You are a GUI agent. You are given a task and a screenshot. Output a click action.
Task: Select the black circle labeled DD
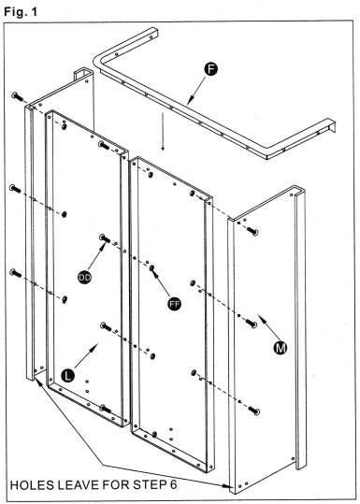click(83, 278)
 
